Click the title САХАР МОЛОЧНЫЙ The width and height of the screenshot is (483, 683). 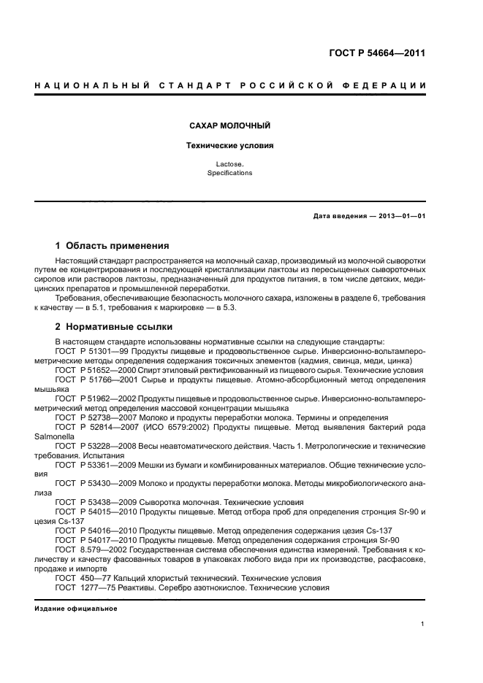coord(229,126)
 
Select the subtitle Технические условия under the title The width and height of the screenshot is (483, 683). coord(229,145)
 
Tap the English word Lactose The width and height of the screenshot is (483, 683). coord(229,165)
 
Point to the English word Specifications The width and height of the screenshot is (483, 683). coord(229,173)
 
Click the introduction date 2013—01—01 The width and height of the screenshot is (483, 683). coord(400,217)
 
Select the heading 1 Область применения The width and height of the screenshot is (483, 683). coord(113,245)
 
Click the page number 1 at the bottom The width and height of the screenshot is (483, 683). coord(424,624)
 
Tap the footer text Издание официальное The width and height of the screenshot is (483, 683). coord(76,608)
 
